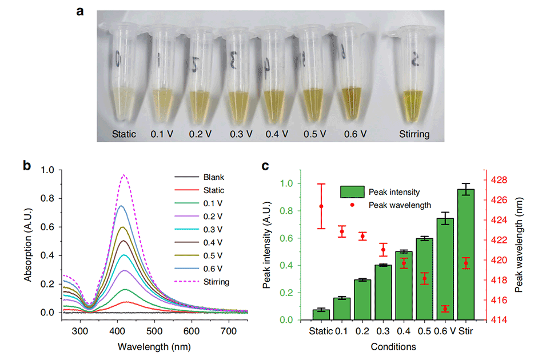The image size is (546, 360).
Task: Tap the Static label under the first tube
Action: pos(124,134)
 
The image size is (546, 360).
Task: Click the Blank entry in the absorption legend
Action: pos(213,177)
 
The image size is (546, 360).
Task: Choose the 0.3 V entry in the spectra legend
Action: pos(213,230)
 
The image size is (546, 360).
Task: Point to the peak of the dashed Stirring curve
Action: pos(238,175)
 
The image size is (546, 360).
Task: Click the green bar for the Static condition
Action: pos(321,315)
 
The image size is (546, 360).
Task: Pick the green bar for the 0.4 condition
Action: pos(404,285)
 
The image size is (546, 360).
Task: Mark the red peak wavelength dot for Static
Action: pos(321,206)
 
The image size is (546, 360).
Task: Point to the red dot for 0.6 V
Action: pos(445,309)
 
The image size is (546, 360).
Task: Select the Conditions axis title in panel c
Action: pos(394,346)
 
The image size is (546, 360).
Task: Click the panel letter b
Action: pos(26,166)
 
